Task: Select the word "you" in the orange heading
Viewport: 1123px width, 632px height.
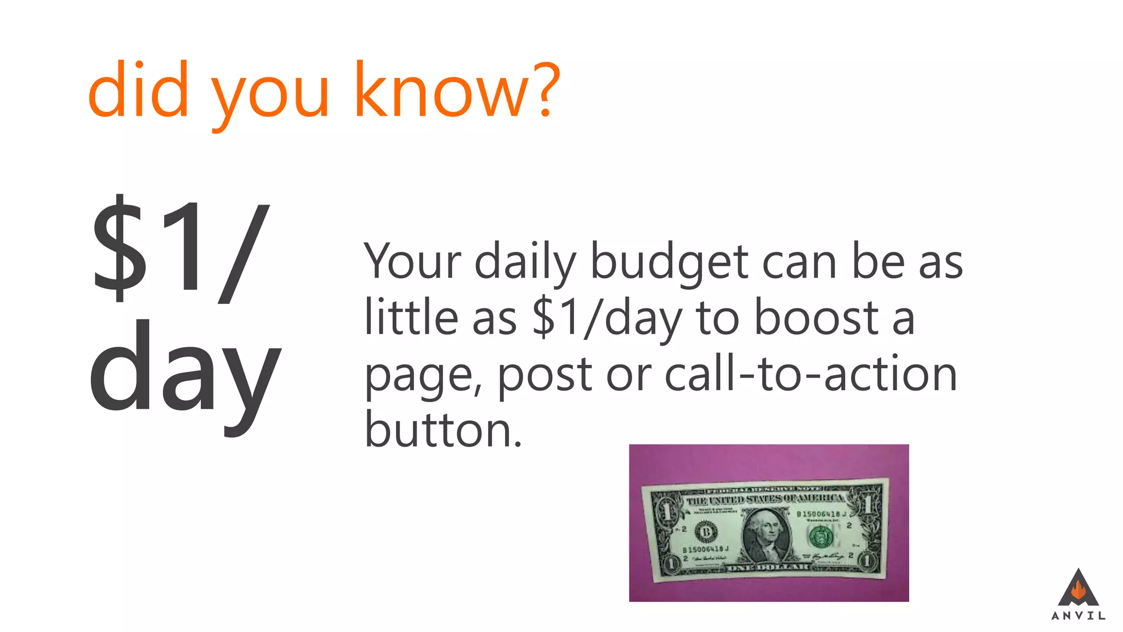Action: pyautogui.click(x=270, y=96)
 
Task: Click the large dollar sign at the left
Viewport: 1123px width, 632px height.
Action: pyautogui.click(x=120, y=248)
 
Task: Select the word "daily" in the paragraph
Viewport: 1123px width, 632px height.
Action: pyautogui.click(x=525, y=263)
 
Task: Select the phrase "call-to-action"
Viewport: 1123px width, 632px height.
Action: pyautogui.click(x=810, y=374)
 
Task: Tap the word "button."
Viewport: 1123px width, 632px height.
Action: pyautogui.click(x=443, y=430)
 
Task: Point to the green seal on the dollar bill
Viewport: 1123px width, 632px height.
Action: pyautogui.click(x=821, y=536)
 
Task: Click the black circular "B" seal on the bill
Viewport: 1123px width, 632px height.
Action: pyautogui.click(x=706, y=532)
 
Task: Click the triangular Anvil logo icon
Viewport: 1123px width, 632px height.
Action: pyautogui.click(x=1078, y=588)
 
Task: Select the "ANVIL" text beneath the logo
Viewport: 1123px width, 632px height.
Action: pyautogui.click(x=1078, y=616)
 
